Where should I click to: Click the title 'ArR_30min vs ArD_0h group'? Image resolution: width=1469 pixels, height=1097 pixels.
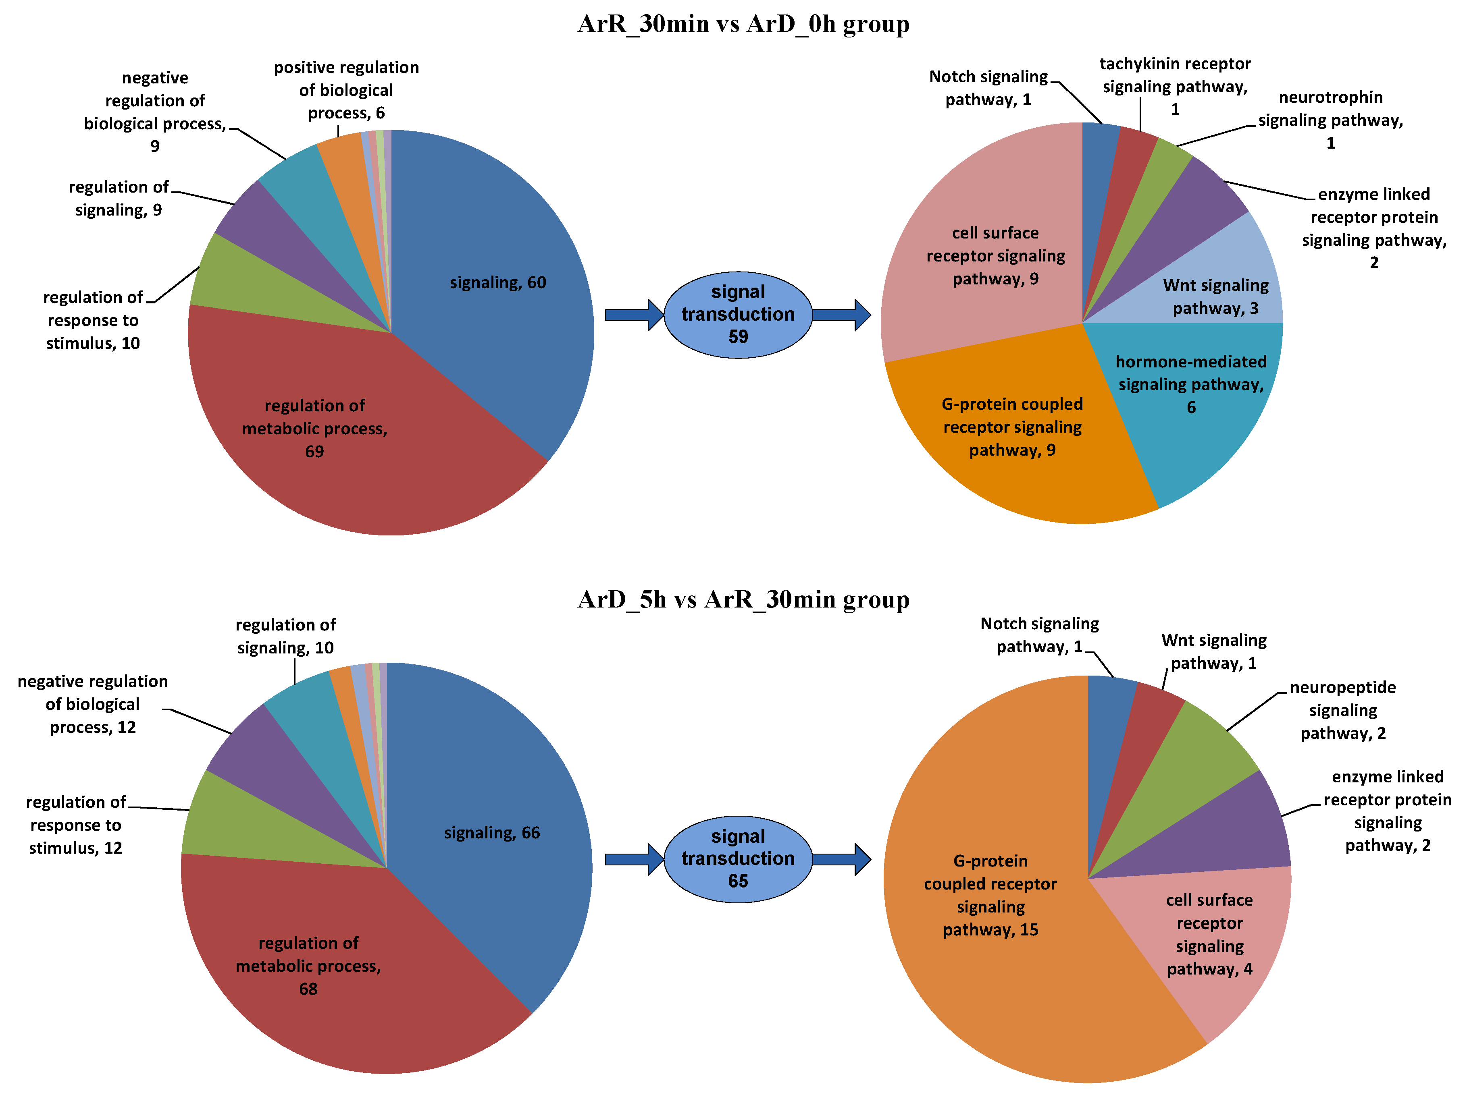pyautogui.click(x=743, y=24)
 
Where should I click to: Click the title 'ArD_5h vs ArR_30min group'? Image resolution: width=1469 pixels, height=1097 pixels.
pyautogui.click(x=743, y=599)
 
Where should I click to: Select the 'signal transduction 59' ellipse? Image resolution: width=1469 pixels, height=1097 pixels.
pyautogui.click(x=738, y=315)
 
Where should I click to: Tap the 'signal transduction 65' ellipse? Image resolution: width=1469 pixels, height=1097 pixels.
pyautogui.click(x=738, y=859)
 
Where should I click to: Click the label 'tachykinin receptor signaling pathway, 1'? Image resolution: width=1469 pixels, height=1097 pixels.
pyautogui.click(x=1175, y=86)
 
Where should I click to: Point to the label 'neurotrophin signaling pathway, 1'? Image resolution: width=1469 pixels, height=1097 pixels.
pyautogui.click(x=1330, y=120)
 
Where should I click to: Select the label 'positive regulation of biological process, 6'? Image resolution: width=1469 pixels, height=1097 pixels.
pyautogui.click(x=346, y=90)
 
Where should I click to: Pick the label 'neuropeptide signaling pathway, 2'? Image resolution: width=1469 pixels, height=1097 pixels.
pyautogui.click(x=1343, y=710)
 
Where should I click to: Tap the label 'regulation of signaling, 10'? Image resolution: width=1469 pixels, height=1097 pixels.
pyautogui.click(x=285, y=636)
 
